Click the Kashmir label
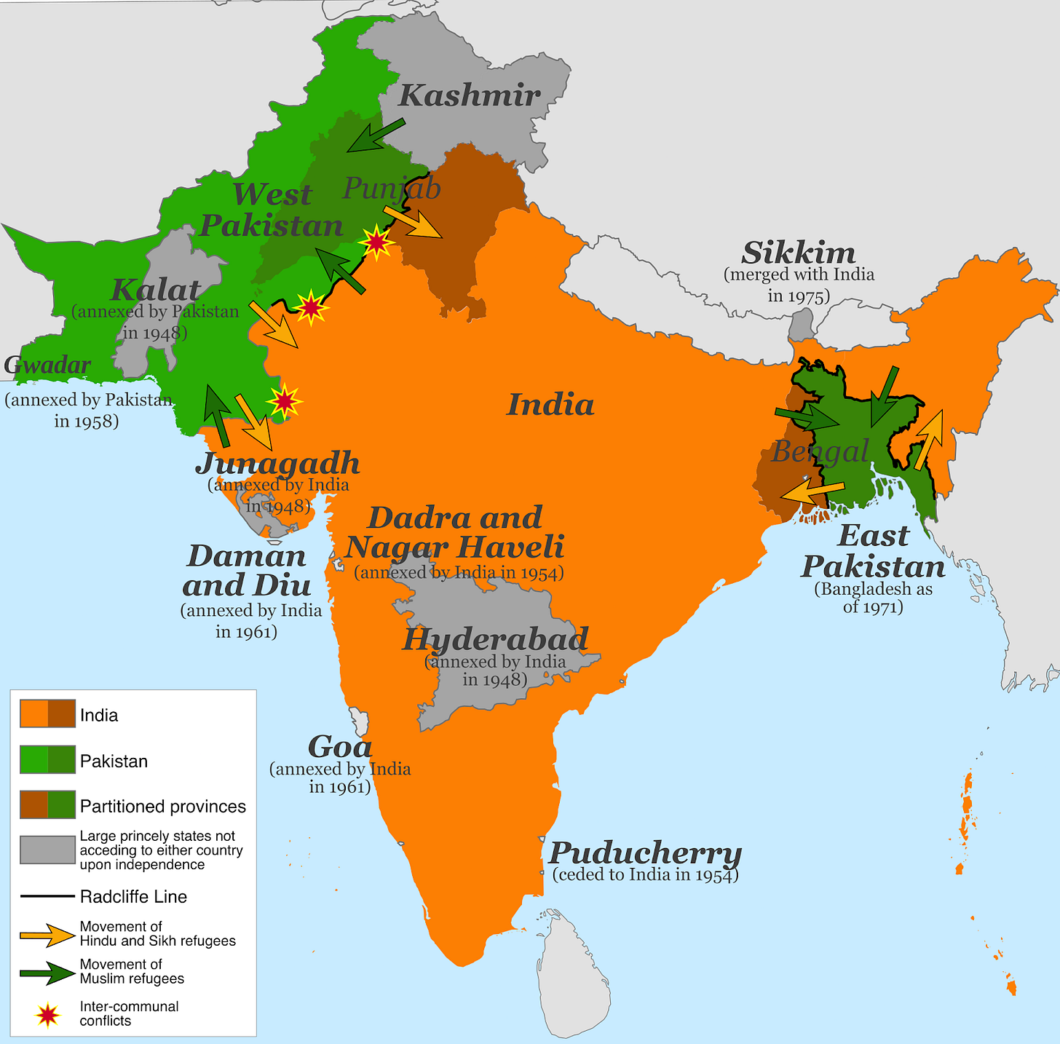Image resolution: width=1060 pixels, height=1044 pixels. [x=470, y=95]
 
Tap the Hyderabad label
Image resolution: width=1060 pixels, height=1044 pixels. [x=495, y=639]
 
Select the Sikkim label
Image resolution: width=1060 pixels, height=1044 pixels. [x=799, y=253]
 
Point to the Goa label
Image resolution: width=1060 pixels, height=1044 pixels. [x=340, y=746]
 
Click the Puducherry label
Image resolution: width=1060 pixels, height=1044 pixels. [x=645, y=852]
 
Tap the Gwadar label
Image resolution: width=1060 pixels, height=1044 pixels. [x=48, y=365]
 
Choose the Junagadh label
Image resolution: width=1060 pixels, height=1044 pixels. [x=277, y=463]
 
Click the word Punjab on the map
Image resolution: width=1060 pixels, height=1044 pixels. [x=392, y=189]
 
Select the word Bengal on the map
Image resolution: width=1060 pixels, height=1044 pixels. [x=820, y=451]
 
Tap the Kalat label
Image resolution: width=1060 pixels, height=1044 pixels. [x=156, y=290]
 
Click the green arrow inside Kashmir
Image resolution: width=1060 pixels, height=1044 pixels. [x=376, y=135]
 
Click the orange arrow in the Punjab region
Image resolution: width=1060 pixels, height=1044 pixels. [x=413, y=221]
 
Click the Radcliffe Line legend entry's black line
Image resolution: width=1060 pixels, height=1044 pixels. [x=47, y=896]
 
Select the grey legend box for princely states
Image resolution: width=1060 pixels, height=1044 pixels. [x=47, y=850]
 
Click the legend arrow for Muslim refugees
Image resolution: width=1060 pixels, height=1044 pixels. [x=47, y=972]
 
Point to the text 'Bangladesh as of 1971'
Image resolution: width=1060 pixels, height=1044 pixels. [x=873, y=598]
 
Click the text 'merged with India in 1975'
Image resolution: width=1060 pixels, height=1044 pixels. [x=799, y=285]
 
